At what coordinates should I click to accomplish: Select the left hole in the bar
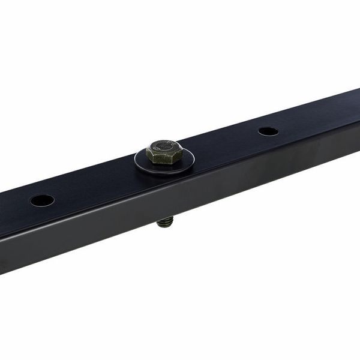coord(43,200)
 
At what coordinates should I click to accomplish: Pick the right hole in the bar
coord(268,131)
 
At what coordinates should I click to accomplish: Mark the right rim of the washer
coord(191,157)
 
